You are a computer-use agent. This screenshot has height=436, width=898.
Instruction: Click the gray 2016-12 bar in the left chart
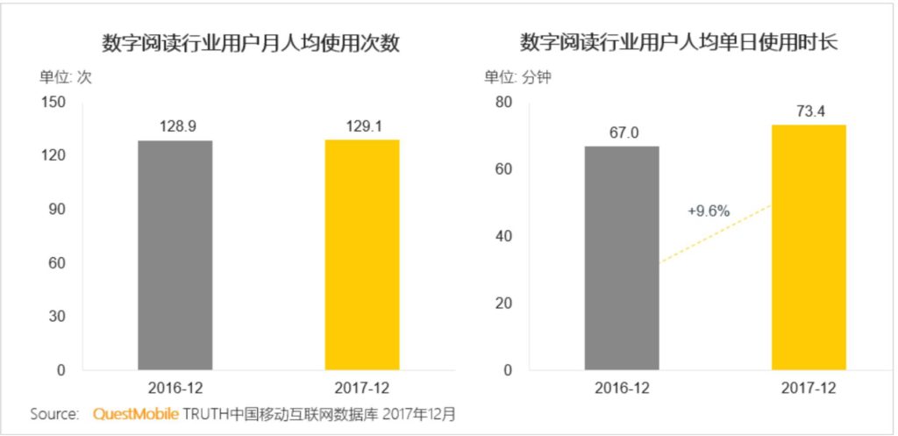click(x=175, y=254)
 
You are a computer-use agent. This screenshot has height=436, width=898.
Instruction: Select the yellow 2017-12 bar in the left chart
click(x=362, y=254)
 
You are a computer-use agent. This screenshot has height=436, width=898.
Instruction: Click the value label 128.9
click(x=175, y=125)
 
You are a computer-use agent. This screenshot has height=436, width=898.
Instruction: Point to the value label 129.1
click(x=362, y=125)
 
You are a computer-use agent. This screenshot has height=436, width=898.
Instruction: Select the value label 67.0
click(x=623, y=132)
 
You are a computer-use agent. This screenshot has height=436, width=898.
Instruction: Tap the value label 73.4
click(x=809, y=111)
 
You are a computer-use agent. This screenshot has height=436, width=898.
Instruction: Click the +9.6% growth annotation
click(x=709, y=211)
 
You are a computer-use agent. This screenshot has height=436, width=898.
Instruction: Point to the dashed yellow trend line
click(x=715, y=234)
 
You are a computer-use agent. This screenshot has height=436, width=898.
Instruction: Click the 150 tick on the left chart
click(x=54, y=103)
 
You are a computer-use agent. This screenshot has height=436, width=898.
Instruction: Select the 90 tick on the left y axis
click(x=58, y=210)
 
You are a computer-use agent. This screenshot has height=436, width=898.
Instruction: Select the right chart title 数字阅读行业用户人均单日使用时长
click(x=680, y=42)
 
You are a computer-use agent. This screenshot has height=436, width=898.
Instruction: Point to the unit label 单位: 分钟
click(x=517, y=76)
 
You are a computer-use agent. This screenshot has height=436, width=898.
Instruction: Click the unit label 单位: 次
click(x=66, y=76)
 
